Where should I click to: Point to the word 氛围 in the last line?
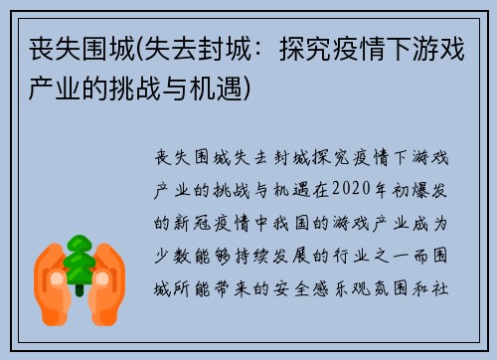[414, 278]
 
